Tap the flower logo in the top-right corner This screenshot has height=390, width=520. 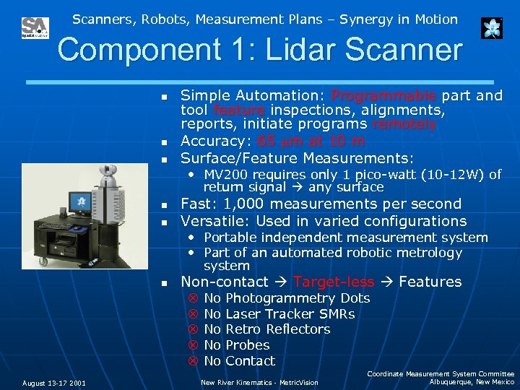pos(492,28)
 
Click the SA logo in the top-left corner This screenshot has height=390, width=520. pos(35,28)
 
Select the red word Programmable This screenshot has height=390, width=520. pos(383,96)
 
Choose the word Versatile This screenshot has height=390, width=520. pos(213,221)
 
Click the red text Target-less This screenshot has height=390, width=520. pos(334,282)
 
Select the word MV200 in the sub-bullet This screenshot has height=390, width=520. pos(226,175)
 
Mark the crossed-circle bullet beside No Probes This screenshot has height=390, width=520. pos(193,345)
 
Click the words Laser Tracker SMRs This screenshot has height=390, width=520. pos(290,314)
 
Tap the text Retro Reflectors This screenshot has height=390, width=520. pos(278,329)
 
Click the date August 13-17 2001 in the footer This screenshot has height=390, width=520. pos(54,383)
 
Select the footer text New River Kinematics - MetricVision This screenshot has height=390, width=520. pos(259,383)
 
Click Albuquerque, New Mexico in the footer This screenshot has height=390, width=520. pos(472,381)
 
